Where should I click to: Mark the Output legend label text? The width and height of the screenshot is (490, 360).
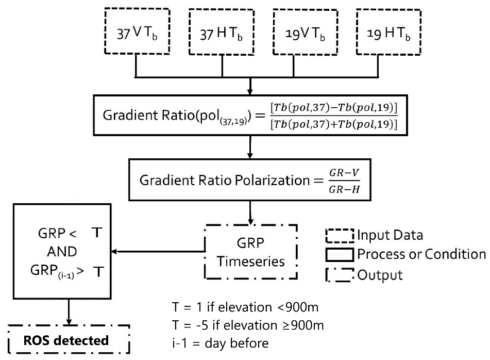tap(381, 274)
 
